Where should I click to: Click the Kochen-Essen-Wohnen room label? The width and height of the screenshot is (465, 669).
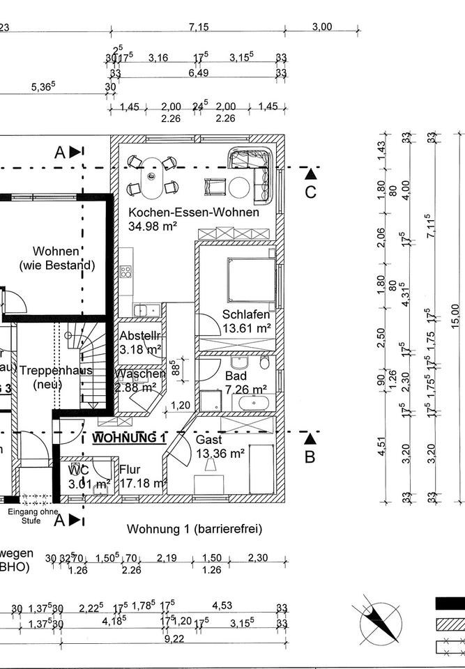(x=193, y=213)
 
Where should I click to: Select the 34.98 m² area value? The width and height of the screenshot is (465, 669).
(x=153, y=226)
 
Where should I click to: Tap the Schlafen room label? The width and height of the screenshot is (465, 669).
(x=246, y=314)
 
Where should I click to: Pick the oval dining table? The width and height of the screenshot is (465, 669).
(x=152, y=177)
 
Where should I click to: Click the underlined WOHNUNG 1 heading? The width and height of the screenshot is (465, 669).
(x=129, y=438)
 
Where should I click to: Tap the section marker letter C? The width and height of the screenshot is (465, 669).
(x=310, y=192)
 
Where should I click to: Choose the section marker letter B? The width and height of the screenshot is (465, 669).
(x=310, y=457)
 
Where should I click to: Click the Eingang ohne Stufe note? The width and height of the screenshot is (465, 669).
(x=33, y=516)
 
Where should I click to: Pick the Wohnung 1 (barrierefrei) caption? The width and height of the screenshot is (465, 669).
(x=194, y=529)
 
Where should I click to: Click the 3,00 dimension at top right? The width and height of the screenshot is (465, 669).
(x=321, y=26)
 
